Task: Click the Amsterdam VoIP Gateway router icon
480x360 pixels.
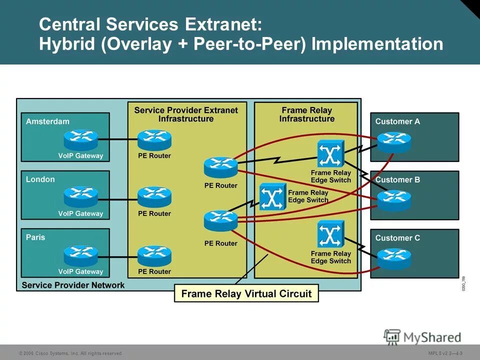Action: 80,140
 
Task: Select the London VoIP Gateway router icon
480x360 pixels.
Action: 80,197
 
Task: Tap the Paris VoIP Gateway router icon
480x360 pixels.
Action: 80,255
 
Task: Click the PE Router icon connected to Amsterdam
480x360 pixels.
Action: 154,140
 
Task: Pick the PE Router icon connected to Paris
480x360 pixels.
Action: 154,255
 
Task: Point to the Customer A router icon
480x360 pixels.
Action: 394,142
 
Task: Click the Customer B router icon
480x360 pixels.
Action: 394,200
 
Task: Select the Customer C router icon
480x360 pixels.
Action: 394,258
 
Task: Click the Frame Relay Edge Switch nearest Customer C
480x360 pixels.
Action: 330,235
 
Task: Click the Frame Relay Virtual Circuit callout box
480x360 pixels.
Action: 246,293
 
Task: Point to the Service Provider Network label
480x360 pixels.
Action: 73,285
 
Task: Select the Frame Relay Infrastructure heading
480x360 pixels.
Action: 306,114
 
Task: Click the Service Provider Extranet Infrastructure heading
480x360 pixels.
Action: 186,114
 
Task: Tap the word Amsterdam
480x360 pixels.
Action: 47,121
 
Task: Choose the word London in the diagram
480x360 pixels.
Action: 40,179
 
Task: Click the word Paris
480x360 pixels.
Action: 35,237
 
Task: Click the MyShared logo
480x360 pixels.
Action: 422,337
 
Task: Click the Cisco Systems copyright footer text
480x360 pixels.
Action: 70,353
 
